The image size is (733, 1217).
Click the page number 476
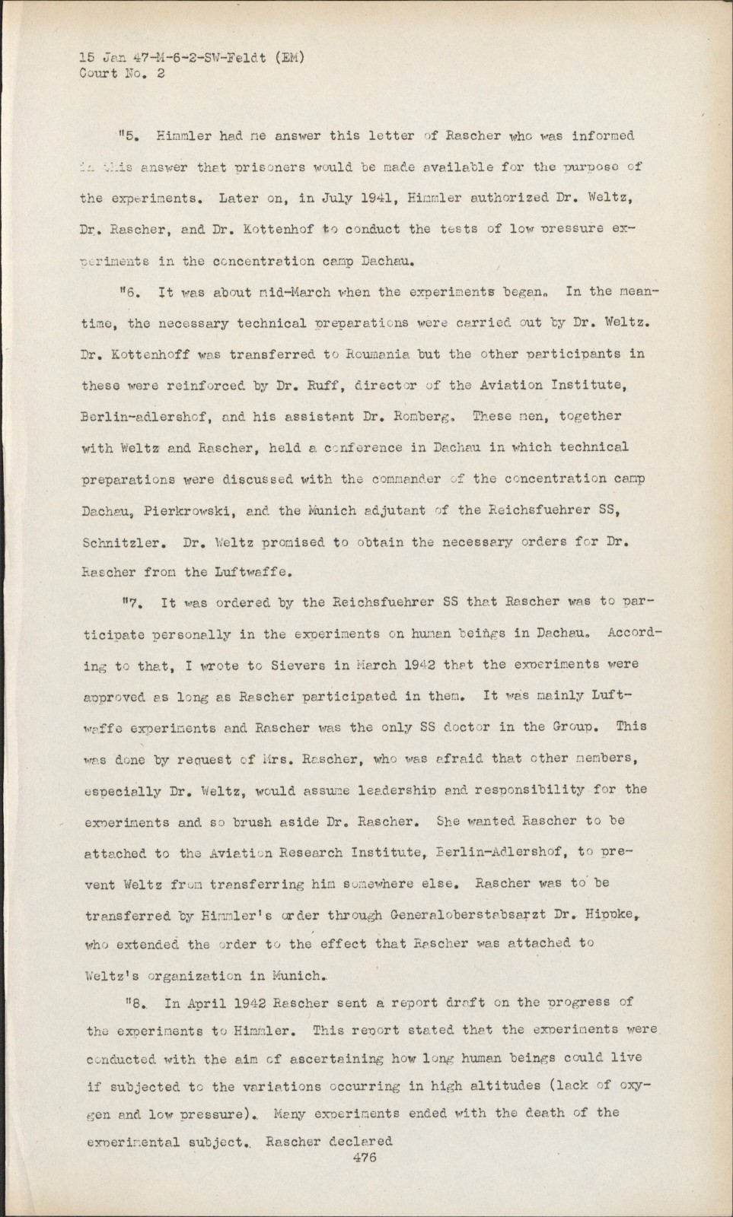coord(360,1158)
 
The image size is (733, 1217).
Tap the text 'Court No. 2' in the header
coord(122,74)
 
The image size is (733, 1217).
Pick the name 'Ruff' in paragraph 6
coord(304,386)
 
